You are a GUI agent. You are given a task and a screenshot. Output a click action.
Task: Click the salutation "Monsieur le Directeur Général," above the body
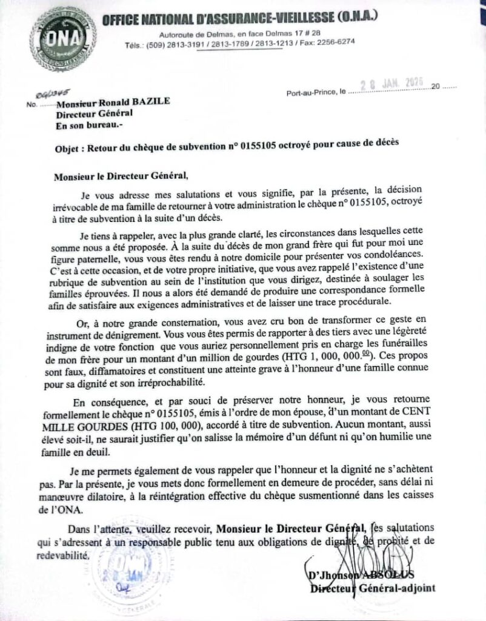point(121,176)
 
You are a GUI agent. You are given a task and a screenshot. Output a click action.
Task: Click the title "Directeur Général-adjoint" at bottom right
point(373,588)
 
